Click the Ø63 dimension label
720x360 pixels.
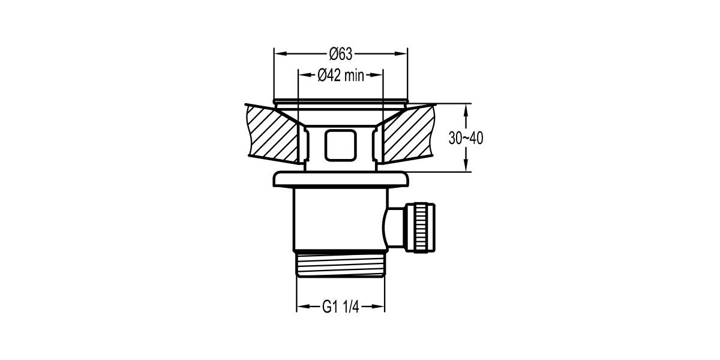[340, 54]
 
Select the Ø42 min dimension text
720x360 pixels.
[340, 76]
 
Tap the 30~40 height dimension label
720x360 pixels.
[466, 138]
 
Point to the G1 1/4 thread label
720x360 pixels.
[340, 307]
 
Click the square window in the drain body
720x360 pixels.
[340, 145]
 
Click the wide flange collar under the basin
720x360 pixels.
[340, 180]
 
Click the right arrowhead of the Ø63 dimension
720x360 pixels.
[403, 53]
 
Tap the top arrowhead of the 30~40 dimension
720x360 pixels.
[467, 107]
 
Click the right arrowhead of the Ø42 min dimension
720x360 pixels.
[379, 75]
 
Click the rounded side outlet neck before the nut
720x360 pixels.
[393, 227]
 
